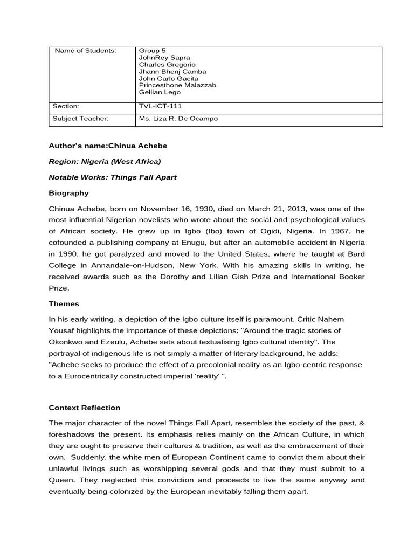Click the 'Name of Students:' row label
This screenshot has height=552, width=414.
click(85, 51)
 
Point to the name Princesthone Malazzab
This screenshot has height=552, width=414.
click(177, 85)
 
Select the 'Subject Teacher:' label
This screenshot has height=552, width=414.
click(81, 118)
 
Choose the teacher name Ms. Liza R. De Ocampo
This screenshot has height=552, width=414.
click(178, 118)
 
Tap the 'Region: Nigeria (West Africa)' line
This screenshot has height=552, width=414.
click(105, 161)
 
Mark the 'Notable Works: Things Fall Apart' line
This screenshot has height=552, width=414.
click(113, 177)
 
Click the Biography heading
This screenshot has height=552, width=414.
click(68, 192)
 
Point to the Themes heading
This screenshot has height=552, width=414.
click(64, 303)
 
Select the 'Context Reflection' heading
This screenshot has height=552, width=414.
click(85, 408)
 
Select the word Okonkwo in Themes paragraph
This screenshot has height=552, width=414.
click(66, 342)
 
